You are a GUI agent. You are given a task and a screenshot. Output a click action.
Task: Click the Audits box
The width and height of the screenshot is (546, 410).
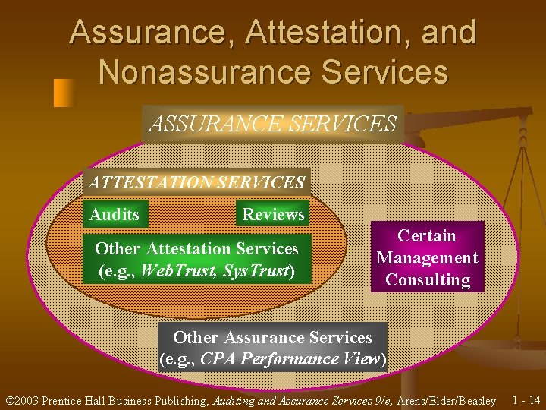[115, 215]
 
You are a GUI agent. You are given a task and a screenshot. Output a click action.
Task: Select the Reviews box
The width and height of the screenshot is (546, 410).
[273, 215]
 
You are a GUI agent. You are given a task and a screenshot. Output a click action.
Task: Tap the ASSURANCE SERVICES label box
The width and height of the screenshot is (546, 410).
[272, 123]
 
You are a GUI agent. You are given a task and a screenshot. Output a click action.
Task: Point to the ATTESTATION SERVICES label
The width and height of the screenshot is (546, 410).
[196, 182]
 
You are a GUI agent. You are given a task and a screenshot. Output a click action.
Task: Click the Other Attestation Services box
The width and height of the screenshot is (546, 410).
[196, 260]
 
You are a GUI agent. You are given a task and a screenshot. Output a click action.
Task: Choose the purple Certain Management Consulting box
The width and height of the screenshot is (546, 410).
[428, 257]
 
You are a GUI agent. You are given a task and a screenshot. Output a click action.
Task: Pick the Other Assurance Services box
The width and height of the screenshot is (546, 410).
[273, 348]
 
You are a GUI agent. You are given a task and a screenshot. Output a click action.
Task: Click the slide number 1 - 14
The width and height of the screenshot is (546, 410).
[526, 400]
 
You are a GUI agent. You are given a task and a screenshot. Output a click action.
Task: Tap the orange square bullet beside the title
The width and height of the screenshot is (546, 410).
[64, 92]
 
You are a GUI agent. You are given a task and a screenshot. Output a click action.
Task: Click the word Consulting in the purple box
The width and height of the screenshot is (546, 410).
[428, 279]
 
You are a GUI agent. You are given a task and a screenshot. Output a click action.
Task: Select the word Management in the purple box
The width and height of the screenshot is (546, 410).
[428, 257]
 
